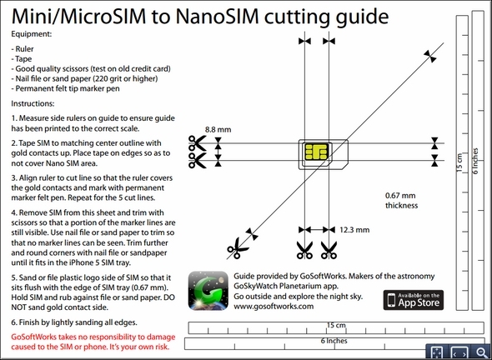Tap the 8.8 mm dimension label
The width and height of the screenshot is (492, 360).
(218, 129)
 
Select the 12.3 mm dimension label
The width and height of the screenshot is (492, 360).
(354, 230)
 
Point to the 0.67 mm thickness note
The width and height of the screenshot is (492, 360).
(402, 200)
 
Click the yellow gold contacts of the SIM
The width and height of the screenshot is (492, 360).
(316, 152)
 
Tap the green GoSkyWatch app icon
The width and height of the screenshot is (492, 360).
(208, 291)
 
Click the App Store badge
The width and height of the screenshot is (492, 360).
(414, 300)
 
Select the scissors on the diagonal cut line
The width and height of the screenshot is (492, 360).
(237, 248)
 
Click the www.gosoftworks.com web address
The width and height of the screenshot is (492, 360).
(274, 307)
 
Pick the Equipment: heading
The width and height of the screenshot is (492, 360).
(32, 34)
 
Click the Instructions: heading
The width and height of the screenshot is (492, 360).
(33, 103)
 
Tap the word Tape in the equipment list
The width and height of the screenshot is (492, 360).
(23, 59)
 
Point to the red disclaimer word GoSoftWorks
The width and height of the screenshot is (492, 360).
(34, 337)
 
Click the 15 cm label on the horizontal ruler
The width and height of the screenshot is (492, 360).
(336, 325)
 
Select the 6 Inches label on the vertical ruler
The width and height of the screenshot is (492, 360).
(475, 161)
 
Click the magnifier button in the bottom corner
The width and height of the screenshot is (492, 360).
(480, 352)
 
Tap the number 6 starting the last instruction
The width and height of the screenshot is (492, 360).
(13, 322)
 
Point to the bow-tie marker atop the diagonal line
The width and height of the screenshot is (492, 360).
(429, 57)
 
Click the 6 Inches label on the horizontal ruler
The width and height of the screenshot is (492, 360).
(334, 341)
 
